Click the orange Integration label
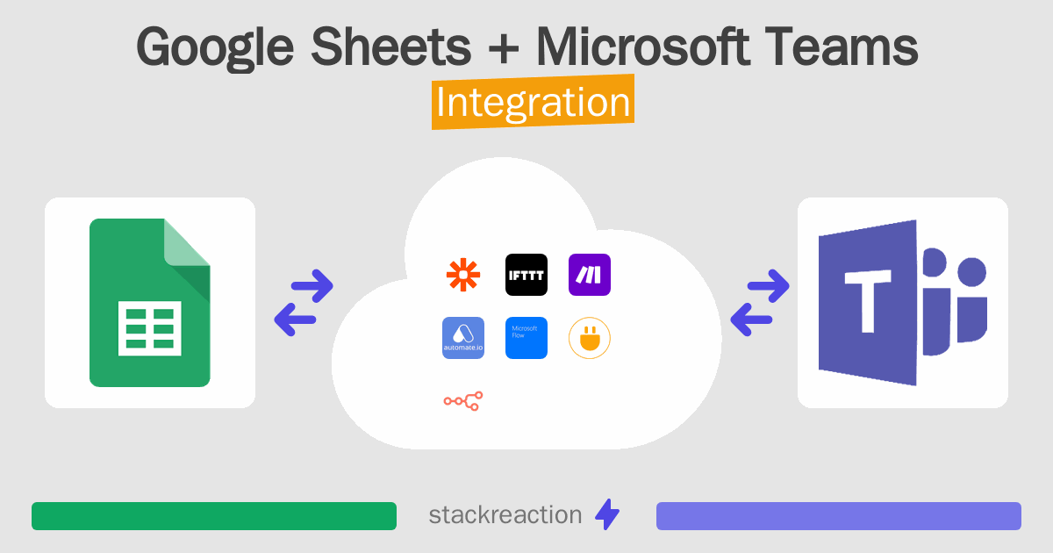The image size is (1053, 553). click(533, 103)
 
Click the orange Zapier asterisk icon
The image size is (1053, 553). click(463, 275)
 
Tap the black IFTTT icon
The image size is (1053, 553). click(526, 275)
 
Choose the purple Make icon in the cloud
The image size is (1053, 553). click(590, 275)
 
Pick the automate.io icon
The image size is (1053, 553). click(463, 338)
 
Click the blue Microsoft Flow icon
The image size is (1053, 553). click(526, 338)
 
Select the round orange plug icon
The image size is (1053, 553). click(590, 338)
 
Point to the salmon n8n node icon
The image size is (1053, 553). click(463, 401)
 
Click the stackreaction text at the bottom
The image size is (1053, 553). click(505, 515)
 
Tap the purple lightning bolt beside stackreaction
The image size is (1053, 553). click(607, 515)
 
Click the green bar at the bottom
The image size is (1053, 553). click(214, 516)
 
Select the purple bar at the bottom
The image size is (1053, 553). click(839, 516)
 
